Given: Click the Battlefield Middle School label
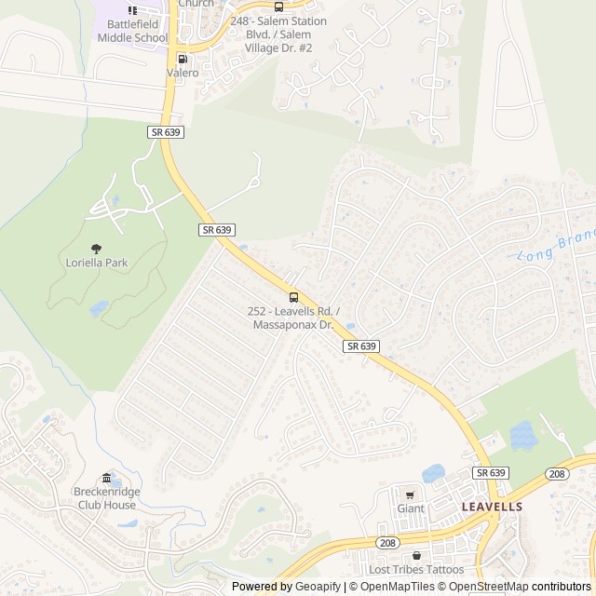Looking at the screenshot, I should click(132, 31).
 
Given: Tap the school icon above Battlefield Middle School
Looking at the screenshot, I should click(132, 10).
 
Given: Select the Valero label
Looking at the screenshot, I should click(183, 72).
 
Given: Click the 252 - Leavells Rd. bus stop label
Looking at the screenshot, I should click(293, 318).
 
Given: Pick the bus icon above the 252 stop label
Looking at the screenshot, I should click(293, 297).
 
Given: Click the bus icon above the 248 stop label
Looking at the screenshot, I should click(278, 7).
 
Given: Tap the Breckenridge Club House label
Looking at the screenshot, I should click(105, 498).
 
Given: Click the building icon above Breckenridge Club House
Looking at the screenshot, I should click(105, 479).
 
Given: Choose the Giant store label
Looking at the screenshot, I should click(410, 508).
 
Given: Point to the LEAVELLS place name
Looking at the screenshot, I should click(492, 507).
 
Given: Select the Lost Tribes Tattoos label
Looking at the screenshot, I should click(415, 570).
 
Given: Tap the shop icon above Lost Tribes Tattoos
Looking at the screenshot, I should click(415, 555).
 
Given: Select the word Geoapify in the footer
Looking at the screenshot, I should click(318, 587).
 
